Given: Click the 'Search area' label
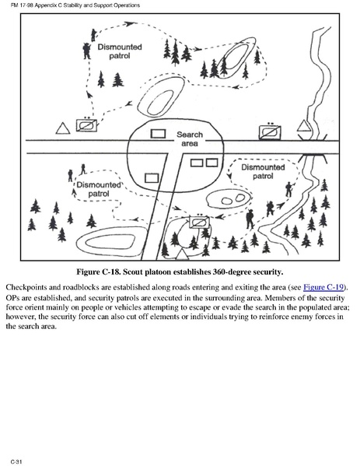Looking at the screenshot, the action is [190, 138].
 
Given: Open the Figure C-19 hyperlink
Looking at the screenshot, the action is [323, 287].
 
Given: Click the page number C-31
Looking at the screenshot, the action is [16, 461].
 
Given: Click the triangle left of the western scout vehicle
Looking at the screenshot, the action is [63, 128].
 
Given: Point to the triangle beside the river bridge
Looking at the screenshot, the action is [304, 126].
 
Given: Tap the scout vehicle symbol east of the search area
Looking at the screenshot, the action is [270, 132].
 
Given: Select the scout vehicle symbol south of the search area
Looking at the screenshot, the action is [199, 222].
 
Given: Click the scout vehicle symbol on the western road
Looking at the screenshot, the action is [86, 125].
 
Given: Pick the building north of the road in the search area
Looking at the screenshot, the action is [158, 134].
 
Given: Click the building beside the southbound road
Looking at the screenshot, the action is [152, 178].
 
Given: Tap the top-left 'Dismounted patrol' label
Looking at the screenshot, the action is [120, 51].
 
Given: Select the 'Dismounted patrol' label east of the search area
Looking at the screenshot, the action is [263, 171].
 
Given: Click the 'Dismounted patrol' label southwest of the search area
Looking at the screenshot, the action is [99, 189].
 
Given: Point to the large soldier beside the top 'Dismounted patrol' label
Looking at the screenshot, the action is [87, 51].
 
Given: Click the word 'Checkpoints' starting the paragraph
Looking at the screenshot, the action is [24, 287].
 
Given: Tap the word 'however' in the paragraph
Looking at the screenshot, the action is [20, 317].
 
